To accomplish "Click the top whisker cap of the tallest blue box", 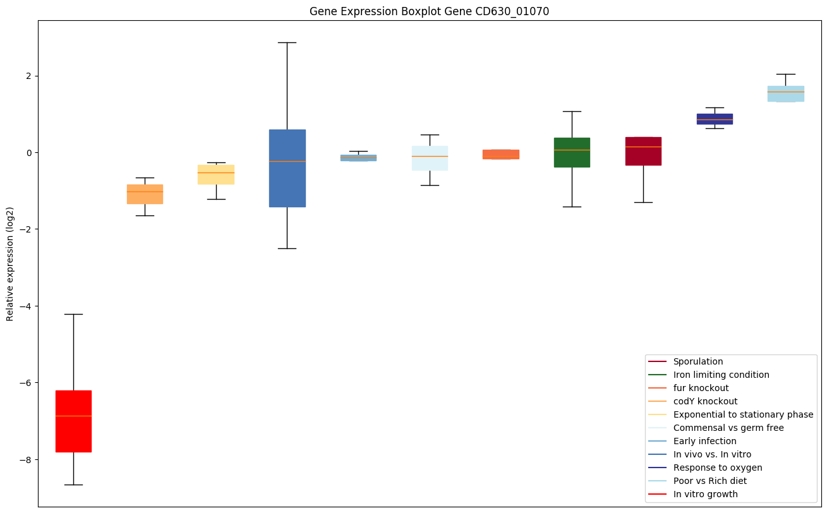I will tap(287, 42).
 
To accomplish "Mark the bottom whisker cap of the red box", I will tap(73, 485).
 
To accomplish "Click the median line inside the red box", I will tap(73, 416).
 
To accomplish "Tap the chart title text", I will tap(425, 11).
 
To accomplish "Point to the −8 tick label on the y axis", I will tap(26, 459).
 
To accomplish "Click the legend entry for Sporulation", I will tap(697, 361).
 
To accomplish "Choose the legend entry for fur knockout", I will tap(701, 388).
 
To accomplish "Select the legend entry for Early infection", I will tap(704, 441).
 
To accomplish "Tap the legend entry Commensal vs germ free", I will tap(728, 428).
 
